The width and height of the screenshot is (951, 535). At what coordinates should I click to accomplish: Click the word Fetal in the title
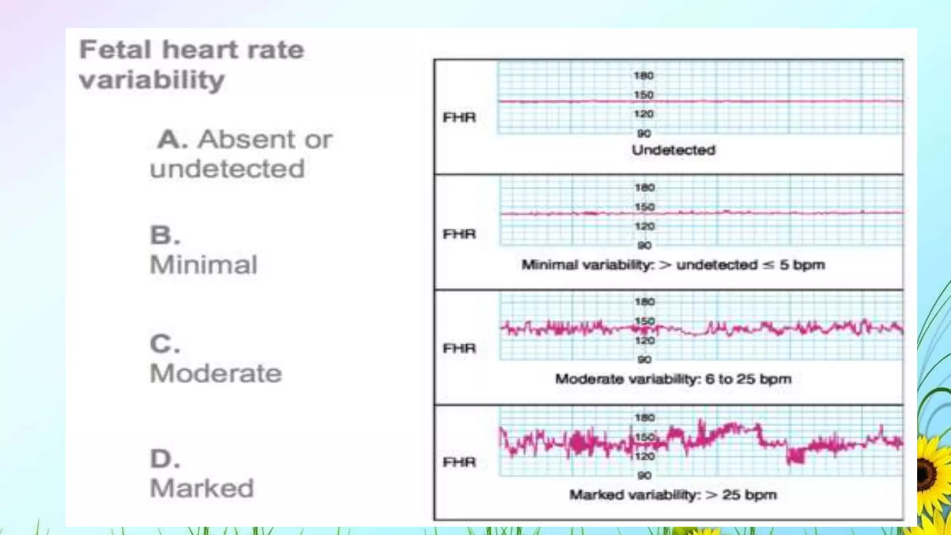point(115,49)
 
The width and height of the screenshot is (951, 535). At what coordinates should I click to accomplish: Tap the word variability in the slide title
point(152,80)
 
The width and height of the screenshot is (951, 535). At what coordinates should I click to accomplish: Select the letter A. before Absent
point(172,139)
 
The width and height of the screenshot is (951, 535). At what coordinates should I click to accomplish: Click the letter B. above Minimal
point(165,235)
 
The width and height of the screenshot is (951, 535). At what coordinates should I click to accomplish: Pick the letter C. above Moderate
point(165,344)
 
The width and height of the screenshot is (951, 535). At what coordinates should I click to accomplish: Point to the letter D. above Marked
point(165,459)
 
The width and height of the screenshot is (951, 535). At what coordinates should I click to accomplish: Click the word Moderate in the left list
point(216,373)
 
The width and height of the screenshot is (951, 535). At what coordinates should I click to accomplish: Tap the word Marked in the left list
point(202,488)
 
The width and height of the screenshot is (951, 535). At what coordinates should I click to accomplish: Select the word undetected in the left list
point(227,169)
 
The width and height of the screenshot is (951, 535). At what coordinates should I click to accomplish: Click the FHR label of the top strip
point(459,117)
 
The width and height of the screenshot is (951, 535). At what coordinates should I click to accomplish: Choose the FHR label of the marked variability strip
point(459,462)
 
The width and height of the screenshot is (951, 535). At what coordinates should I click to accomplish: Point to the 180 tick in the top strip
point(644,76)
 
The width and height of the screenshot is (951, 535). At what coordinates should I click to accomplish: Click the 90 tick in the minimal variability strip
point(645,245)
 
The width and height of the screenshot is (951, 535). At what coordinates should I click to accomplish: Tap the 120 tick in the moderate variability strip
point(645,340)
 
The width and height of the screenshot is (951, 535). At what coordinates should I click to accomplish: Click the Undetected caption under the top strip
point(673,150)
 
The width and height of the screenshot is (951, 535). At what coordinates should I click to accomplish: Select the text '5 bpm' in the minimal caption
point(802,265)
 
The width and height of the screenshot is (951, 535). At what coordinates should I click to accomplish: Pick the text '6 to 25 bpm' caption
point(748,379)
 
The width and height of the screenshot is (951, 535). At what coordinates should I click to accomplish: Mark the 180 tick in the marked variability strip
point(645,418)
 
